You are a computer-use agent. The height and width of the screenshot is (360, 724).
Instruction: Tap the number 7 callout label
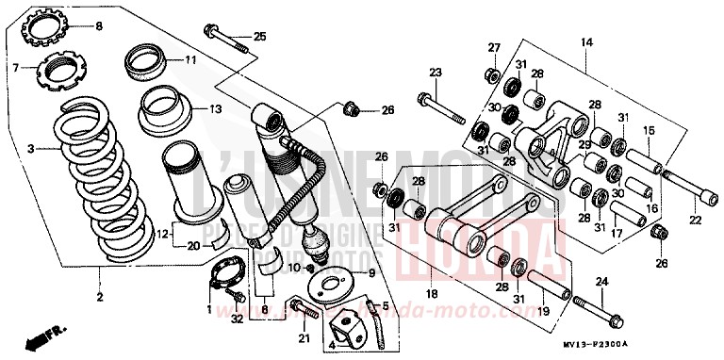[x=15, y=68]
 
